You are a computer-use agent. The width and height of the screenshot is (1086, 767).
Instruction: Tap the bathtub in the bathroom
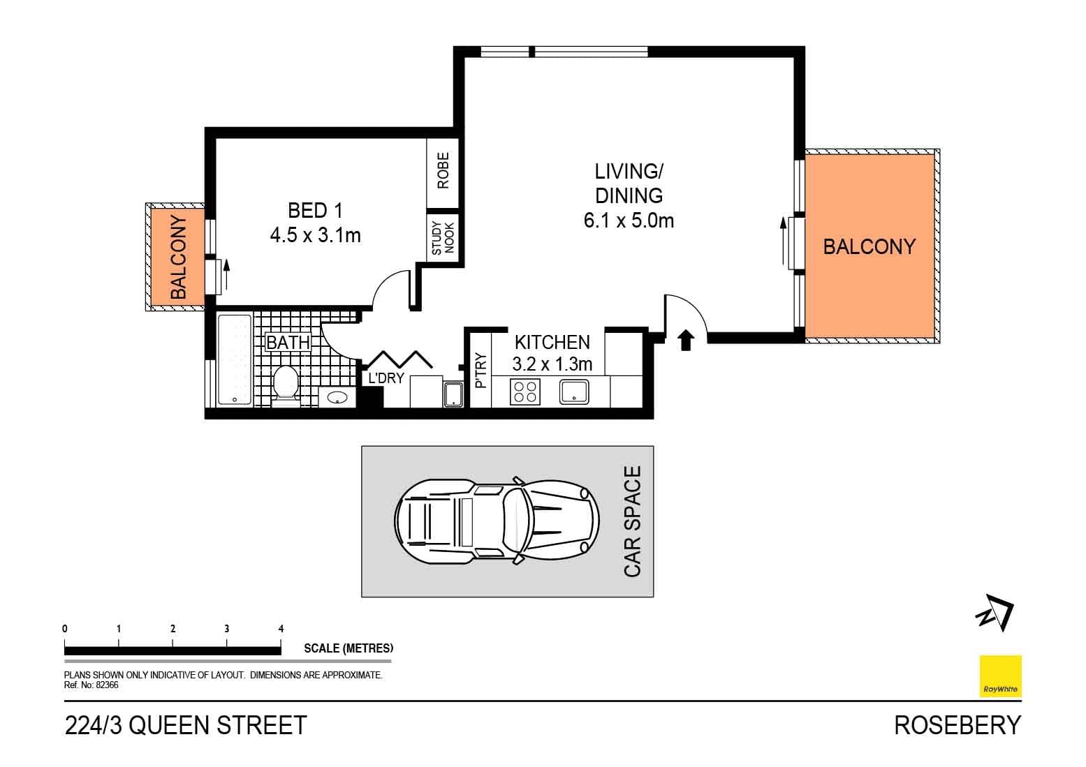[x=234, y=359]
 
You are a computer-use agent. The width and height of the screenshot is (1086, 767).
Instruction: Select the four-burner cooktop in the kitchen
[x=524, y=392]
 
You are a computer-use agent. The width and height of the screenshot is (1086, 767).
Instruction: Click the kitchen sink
[x=575, y=392]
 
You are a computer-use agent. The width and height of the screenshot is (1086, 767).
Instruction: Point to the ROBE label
[x=443, y=170]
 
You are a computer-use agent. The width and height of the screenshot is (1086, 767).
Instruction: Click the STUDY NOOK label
[x=443, y=238]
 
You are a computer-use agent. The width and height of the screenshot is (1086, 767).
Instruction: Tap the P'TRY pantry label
[x=480, y=371]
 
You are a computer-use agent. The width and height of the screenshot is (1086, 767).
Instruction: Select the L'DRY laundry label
[x=386, y=378]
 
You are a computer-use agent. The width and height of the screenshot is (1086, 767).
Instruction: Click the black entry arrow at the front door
[x=686, y=339]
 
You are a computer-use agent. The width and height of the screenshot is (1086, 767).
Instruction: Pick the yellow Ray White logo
[x=1000, y=676]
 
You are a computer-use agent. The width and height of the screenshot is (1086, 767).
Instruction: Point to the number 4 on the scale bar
[x=281, y=629]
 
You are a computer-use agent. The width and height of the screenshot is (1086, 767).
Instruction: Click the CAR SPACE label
[x=632, y=521]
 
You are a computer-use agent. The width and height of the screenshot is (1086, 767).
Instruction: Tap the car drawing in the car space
[x=497, y=521]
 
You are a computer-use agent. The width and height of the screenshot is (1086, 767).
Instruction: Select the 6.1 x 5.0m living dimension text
[x=629, y=221]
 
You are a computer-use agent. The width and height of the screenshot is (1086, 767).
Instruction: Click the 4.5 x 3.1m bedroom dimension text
[x=315, y=236]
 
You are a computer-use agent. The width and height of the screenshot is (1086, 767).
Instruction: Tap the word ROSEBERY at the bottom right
[x=957, y=726]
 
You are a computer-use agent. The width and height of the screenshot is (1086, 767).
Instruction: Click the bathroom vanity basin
[x=338, y=398]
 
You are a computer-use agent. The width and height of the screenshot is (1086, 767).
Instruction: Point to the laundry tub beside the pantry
[x=453, y=394]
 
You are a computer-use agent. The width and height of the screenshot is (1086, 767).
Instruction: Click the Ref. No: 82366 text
[x=91, y=685]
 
